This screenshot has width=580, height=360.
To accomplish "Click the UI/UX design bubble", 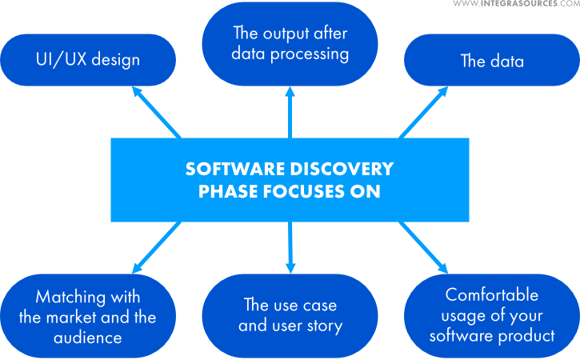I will tap(88, 60).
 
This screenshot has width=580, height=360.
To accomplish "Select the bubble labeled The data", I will tap(492, 60).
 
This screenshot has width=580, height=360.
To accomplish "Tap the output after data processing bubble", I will tap(290, 44).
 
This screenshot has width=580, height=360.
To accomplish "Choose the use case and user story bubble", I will tap(290, 315).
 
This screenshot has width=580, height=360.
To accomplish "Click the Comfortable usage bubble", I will tap(492, 315).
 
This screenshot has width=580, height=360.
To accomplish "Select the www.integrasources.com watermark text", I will tap(515, 5).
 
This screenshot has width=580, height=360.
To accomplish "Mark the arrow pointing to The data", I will tap(424, 112).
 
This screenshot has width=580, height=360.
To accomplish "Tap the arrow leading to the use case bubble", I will tap(290, 248).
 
